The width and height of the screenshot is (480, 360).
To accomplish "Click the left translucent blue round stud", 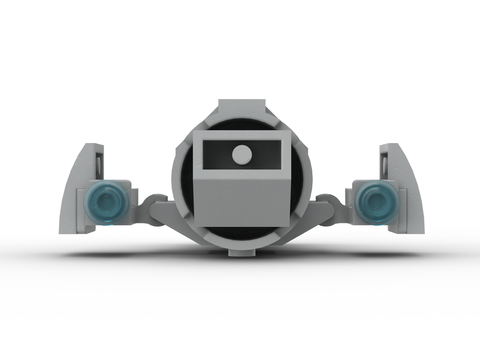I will coord(106,202).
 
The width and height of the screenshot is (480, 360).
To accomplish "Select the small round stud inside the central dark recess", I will coord(242,154).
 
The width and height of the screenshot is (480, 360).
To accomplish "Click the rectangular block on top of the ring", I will coord(242,108).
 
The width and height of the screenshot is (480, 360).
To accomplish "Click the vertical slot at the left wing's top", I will coord(98,163).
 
